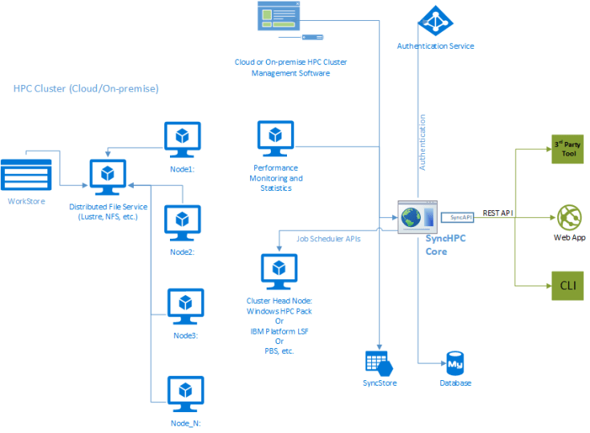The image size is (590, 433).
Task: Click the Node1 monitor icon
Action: [182, 140]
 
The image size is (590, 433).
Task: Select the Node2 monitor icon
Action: [182, 224]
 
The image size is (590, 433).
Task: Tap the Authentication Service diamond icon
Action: [436, 22]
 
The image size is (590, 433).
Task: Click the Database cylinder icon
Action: [455, 362]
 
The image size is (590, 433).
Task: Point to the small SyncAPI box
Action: [461, 216]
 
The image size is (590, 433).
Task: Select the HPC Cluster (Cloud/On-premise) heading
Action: [86, 88]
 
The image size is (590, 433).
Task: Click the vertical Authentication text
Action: [423, 143]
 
